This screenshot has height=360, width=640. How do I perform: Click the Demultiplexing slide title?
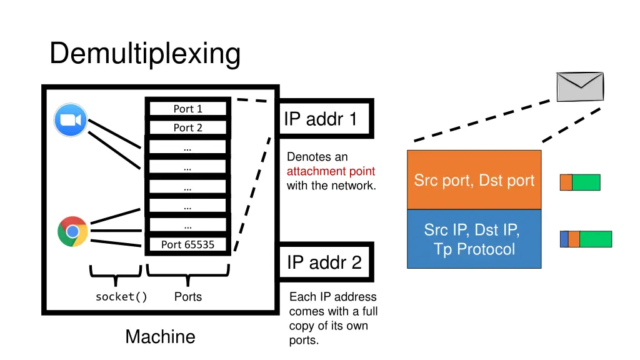coord(145,54)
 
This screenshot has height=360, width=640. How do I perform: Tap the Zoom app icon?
coord(71,120)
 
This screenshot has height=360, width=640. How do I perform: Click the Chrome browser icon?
coord(72,231)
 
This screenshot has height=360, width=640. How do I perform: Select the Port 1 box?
coord(187,109)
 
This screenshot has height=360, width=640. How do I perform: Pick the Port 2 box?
coord(187,127)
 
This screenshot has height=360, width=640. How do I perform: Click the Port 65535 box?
coord(187,244)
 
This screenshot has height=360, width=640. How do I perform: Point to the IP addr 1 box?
coord(325,119)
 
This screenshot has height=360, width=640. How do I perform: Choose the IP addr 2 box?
coord(325,262)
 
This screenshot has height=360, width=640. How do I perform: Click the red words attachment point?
coord(331,171)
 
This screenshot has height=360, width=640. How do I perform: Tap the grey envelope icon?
coord(580,86)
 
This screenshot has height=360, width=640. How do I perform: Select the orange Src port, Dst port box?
coord(474,180)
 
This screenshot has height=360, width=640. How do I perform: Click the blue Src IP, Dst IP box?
coord(474,239)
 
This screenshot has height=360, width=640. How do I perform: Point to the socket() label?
coord(121,297)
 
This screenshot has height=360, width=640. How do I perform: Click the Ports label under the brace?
coord(187,297)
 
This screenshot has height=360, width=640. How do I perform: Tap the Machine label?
coord(160,337)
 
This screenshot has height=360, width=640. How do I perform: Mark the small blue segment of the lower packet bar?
coord(564,239)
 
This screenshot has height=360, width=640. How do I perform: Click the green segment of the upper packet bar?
coord(586,182)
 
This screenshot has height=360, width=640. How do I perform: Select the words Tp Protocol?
coord(474,249)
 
